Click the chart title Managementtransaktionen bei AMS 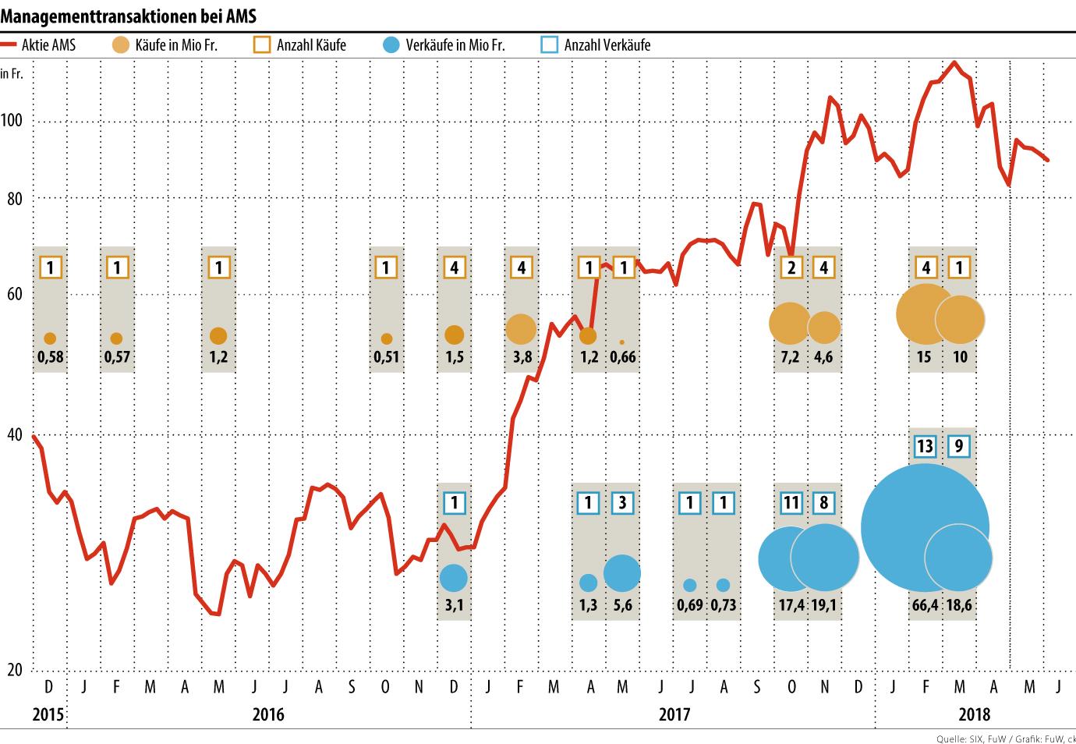pos(129,15)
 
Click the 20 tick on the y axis pos(14,669)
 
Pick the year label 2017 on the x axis pos(674,714)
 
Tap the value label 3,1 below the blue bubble pos(454,604)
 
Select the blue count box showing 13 pos(925,446)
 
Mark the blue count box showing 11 pos(791,502)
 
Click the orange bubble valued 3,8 pos(521,329)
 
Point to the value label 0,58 pos(50,357)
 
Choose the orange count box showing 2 pos(791,267)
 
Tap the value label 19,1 pos(825,604)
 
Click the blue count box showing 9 pos(959,446)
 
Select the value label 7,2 pos(791,357)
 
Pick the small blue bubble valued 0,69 pos(689,585)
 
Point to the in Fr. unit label pos(12,74)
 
